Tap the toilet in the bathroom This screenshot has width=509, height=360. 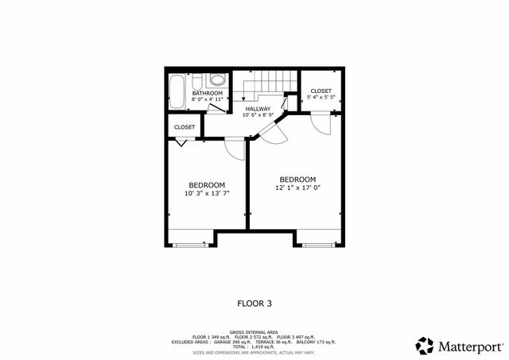coord(217,80)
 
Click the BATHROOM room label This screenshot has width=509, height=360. coord(207,93)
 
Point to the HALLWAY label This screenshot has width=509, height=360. coord(258,109)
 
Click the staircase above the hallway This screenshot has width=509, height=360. coord(266,81)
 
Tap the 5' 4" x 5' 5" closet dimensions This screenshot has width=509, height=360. coord(321,98)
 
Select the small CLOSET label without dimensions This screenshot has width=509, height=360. coord(185,127)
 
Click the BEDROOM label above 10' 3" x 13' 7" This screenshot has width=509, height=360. coord(206,185)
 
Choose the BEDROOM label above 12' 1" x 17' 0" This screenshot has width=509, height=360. coord(297,179)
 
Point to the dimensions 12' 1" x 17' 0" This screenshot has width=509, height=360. coord(297,188)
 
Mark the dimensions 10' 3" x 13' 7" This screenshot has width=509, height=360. coord(206,193)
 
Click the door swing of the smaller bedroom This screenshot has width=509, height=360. coord(235,147)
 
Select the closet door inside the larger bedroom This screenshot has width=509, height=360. coord(321,122)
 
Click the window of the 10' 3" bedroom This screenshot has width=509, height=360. coord(190,245)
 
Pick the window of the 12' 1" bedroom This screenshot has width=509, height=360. coord(321,245)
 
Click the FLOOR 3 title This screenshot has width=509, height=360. coord(254,303)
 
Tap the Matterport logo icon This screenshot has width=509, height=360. coord(425,346)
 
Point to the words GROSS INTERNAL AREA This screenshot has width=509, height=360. coord(254,331)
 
